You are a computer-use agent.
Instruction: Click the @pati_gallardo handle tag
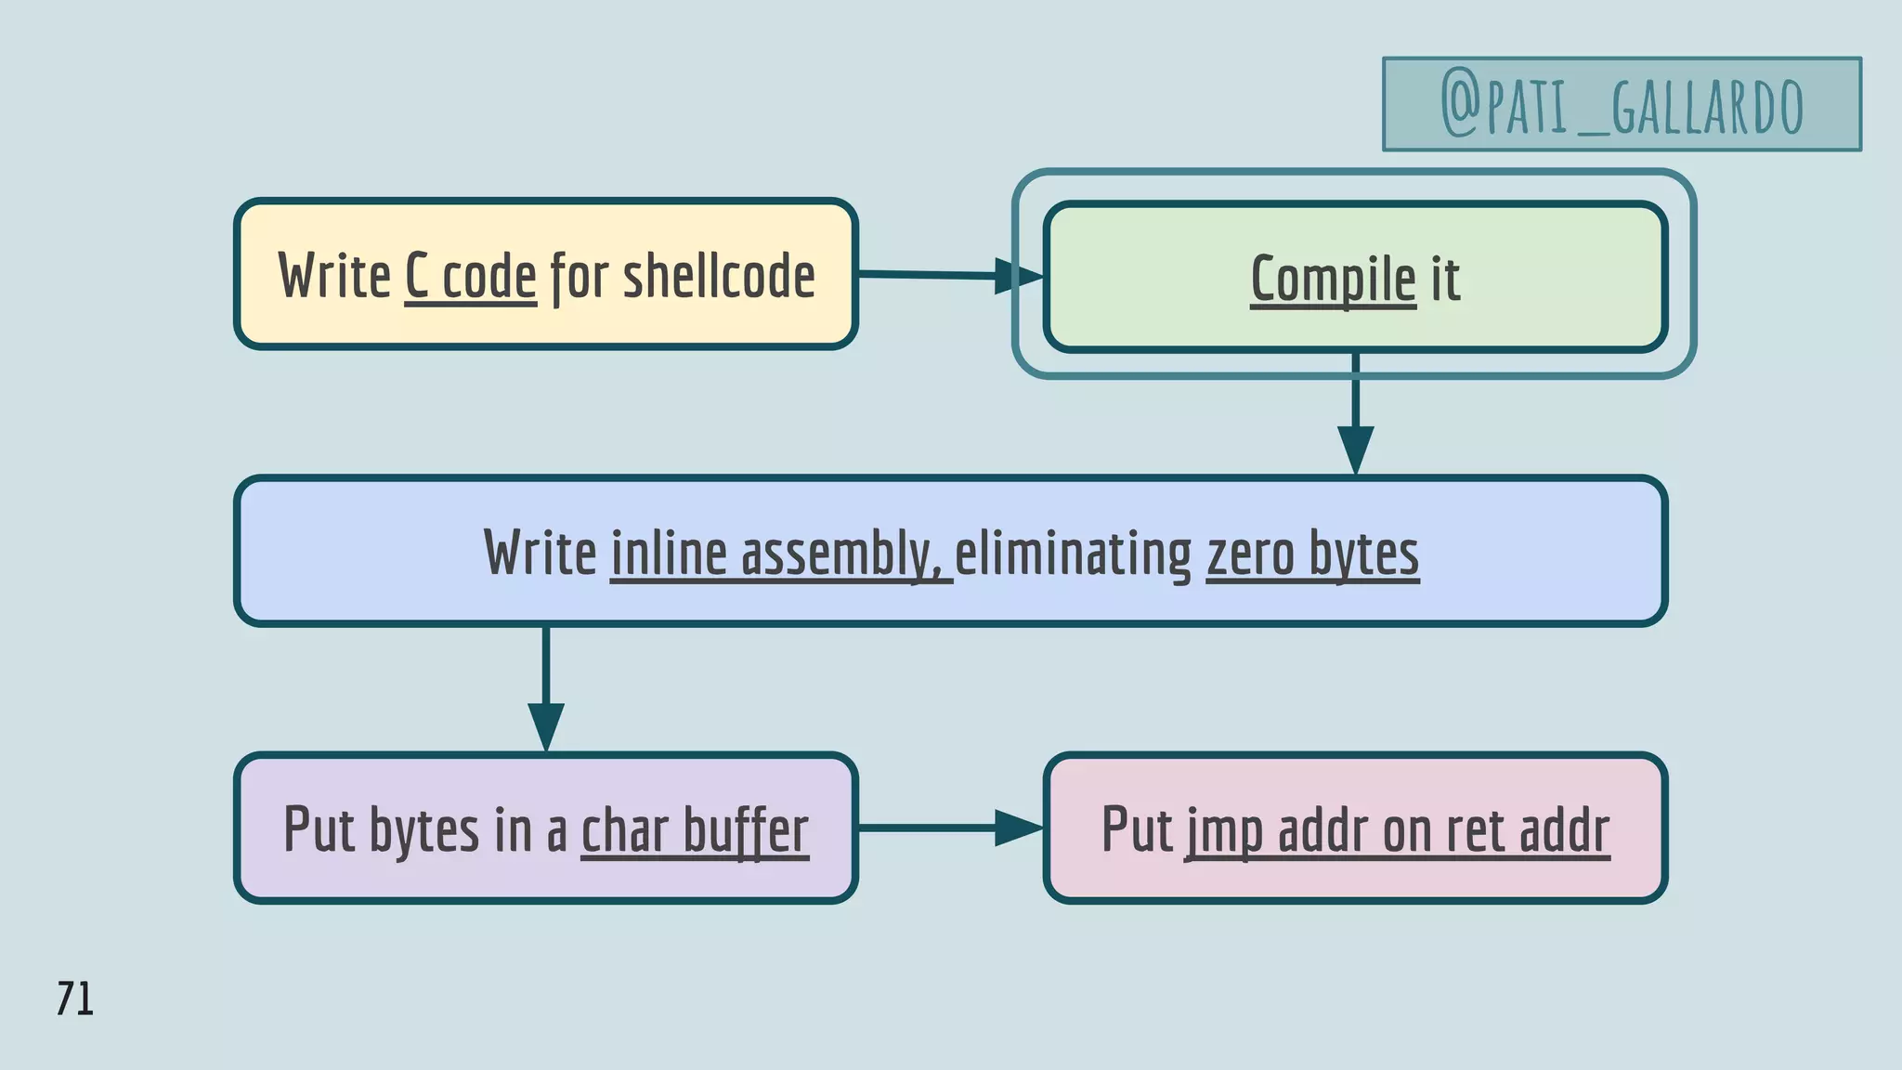pyautogui.click(x=1622, y=104)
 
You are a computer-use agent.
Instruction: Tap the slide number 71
pyautogui.click(x=75, y=999)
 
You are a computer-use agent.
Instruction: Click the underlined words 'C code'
pyautogui.click(x=471, y=277)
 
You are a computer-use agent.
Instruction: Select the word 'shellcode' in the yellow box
pyautogui.click(x=719, y=277)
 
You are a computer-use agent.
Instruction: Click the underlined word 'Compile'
pyautogui.click(x=1333, y=279)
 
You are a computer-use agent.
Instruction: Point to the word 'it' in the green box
pyautogui.click(x=1445, y=279)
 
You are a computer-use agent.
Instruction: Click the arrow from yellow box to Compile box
pyautogui.click(x=947, y=275)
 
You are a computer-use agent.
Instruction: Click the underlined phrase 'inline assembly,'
pyautogui.click(x=780, y=554)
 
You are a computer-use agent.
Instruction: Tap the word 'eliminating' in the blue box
pyautogui.click(x=1073, y=554)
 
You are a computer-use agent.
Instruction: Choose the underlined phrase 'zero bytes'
pyautogui.click(x=1312, y=554)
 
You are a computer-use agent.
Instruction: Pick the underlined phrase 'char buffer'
pyautogui.click(x=695, y=830)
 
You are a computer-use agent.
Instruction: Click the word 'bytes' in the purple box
pyautogui.click(x=424, y=830)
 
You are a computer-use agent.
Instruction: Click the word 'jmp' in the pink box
pyautogui.click(x=1223, y=830)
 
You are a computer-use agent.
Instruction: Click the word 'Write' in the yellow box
pyautogui.click(x=334, y=277)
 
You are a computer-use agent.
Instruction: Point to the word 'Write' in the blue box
pyautogui.click(x=540, y=554)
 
